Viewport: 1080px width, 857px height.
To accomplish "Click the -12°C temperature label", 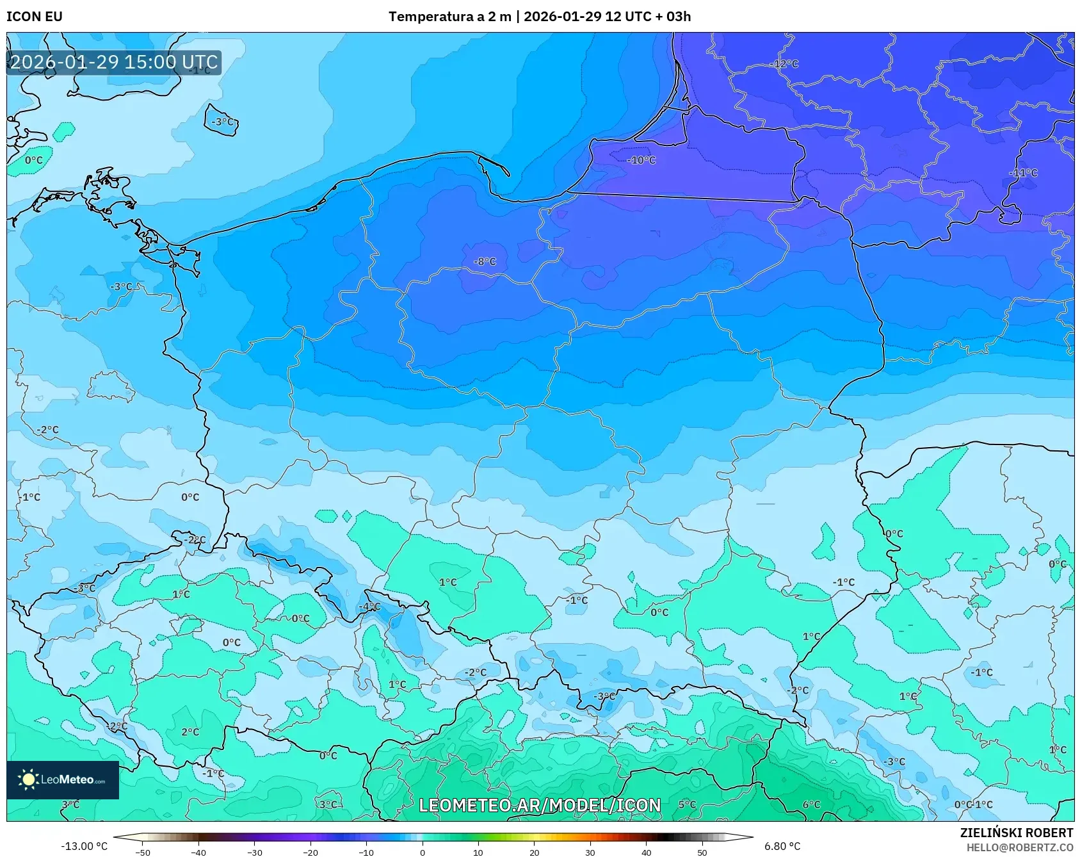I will [786, 64].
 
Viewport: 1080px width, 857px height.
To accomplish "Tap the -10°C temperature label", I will [641, 160].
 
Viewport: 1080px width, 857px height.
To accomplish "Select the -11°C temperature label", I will [1023, 173].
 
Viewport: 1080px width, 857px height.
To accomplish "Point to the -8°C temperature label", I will [485, 261].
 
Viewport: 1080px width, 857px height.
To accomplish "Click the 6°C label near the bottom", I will [811, 804].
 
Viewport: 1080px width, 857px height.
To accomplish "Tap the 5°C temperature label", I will [687, 804].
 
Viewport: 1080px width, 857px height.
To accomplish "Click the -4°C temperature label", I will [369, 607].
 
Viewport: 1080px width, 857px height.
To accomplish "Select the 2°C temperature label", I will [190, 731].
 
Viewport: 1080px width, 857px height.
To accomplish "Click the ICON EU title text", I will [35, 17].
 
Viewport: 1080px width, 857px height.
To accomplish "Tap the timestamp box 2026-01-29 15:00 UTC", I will [114, 62].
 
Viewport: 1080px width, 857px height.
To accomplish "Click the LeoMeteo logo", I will [63, 779].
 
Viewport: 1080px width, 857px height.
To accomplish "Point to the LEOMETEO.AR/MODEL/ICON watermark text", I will [540, 805].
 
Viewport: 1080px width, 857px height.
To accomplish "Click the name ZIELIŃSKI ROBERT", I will [1016, 833].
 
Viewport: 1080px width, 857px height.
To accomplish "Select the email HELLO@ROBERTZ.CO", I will [1019, 847].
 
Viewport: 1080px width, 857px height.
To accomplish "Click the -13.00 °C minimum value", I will [84, 846].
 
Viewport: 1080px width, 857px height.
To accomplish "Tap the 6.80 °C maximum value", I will [782, 846].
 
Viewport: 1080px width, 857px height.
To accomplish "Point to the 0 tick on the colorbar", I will [423, 852].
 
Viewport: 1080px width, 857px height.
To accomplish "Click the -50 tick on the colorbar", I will [143, 852].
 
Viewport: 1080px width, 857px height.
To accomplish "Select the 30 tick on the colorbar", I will [590, 852].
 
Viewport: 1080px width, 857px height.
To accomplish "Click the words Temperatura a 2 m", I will [450, 17].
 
